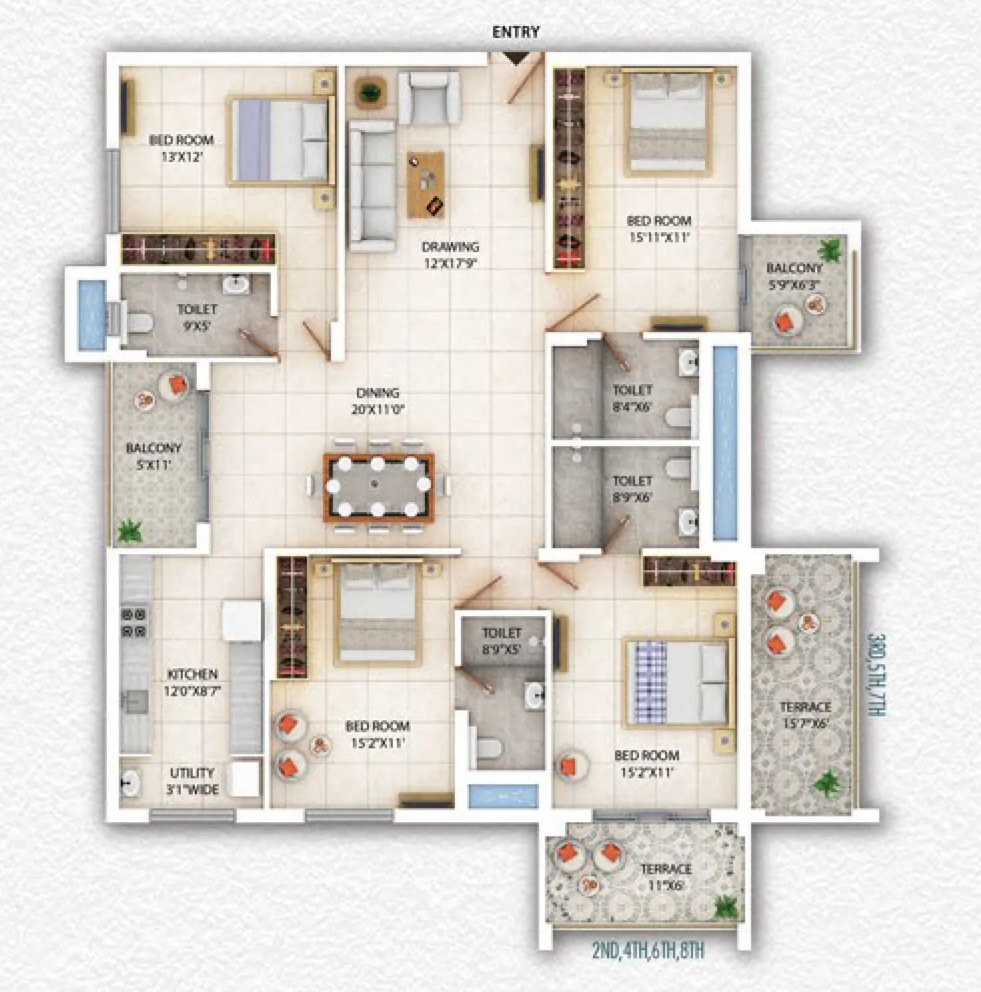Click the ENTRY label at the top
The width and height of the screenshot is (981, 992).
click(x=516, y=32)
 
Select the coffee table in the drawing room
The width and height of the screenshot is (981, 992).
click(x=425, y=185)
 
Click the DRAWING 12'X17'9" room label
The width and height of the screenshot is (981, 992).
click(x=450, y=255)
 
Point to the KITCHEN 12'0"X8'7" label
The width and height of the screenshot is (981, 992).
click(x=192, y=683)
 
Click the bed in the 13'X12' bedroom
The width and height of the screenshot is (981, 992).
click(x=280, y=141)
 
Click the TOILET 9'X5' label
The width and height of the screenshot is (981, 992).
click(x=197, y=317)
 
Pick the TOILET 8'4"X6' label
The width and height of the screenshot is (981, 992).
click(x=632, y=398)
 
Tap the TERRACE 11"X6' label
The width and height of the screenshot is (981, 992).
click(x=666, y=877)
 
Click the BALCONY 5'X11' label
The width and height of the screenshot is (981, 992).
click(x=153, y=456)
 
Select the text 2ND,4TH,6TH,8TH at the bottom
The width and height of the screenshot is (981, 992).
click(x=648, y=950)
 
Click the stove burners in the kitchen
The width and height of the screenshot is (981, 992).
click(x=134, y=622)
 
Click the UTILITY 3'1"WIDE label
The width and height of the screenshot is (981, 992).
click(x=192, y=781)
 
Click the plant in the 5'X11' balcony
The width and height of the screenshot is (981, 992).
click(x=129, y=531)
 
